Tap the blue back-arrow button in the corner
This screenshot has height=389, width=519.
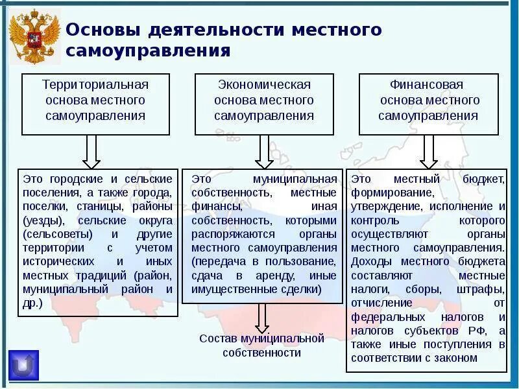24,365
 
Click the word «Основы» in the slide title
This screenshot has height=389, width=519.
103,30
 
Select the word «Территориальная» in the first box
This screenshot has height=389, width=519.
96,85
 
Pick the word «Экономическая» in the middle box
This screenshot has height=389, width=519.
264,85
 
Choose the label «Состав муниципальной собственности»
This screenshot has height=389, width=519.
261,345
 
